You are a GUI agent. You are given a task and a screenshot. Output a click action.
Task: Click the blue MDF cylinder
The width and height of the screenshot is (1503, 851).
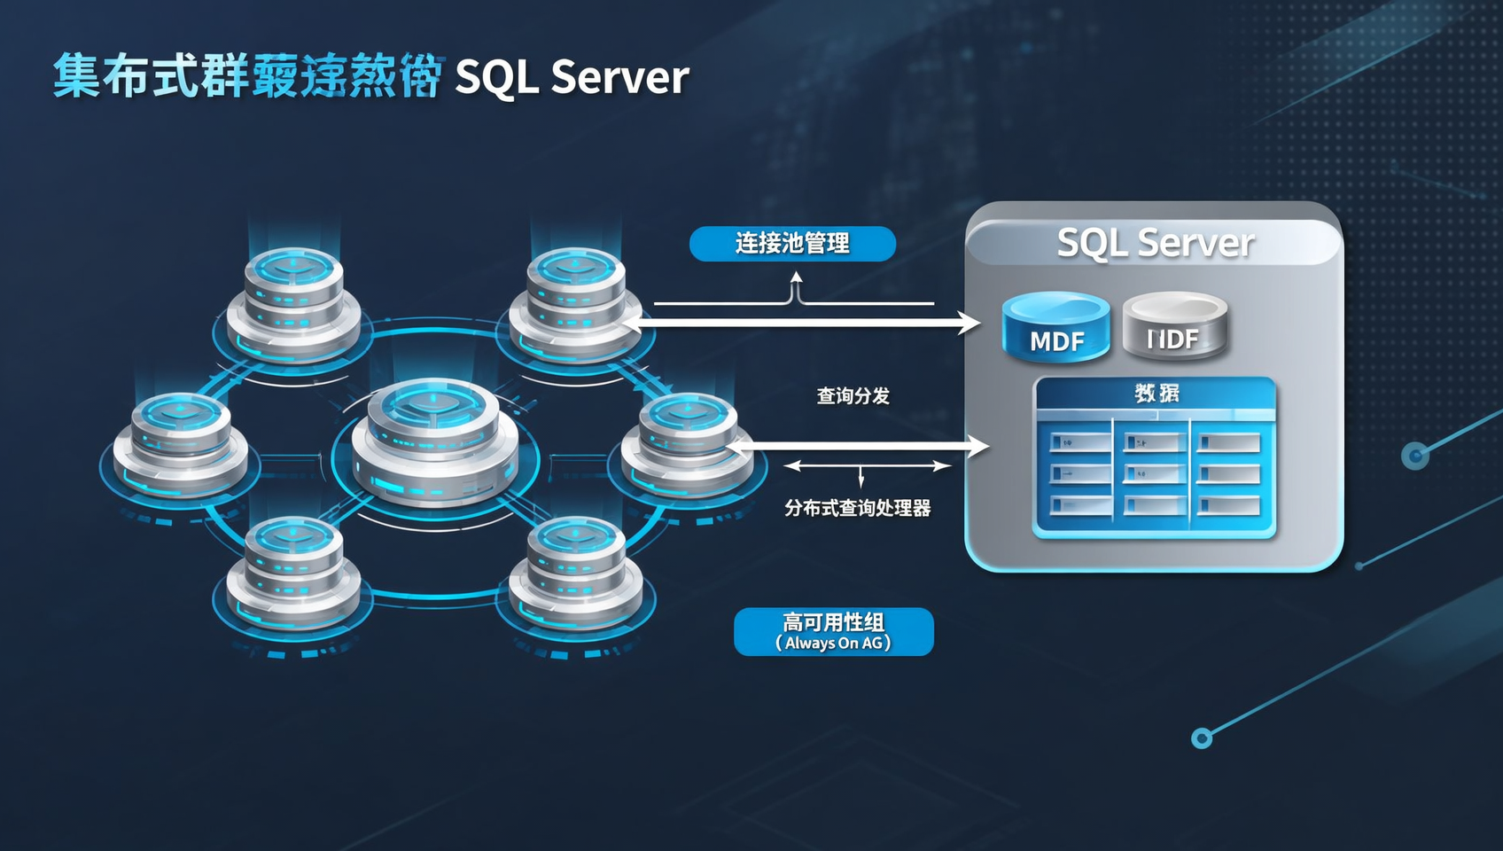pyautogui.click(x=1055, y=328)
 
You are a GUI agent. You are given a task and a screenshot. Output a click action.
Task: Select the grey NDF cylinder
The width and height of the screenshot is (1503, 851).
pyautogui.click(x=1174, y=327)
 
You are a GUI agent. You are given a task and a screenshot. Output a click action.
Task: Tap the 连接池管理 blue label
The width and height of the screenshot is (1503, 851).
pyautogui.click(x=792, y=243)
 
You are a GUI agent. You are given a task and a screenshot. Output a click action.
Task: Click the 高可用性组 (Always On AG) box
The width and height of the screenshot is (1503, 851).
pyautogui.click(x=833, y=631)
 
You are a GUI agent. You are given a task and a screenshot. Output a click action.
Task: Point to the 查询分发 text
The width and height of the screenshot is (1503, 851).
pyautogui.click(x=853, y=395)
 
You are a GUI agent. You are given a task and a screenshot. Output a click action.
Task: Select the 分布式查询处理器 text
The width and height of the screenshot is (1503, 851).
pyautogui.click(x=857, y=508)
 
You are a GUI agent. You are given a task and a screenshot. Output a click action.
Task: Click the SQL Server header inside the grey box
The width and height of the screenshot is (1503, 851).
pyautogui.click(x=1155, y=242)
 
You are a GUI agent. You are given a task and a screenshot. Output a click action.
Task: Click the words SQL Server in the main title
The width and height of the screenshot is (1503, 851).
pyautogui.click(x=572, y=77)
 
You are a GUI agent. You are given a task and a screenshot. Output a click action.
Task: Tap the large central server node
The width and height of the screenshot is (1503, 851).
pyautogui.click(x=434, y=443)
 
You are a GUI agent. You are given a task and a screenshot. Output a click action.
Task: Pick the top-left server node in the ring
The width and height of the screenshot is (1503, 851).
pyautogui.click(x=293, y=301)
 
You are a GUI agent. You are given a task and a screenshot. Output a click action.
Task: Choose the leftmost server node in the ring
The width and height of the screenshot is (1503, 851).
pyautogui.click(x=181, y=443)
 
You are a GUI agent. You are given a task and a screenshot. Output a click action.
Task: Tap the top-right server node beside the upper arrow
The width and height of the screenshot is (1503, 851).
pyautogui.click(x=575, y=301)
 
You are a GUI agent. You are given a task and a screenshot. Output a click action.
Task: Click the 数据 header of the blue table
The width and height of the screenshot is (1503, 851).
pyautogui.click(x=1156, y=393)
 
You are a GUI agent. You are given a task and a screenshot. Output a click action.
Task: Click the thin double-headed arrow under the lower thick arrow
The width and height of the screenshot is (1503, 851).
pyautogui.click(x=867, y=466)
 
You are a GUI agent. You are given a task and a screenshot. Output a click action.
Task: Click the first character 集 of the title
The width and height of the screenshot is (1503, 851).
pyautogui.click(x=76, y=76)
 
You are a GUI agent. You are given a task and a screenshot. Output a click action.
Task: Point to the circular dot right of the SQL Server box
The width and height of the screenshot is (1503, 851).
pyautogui.click(x=1415, y=456)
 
